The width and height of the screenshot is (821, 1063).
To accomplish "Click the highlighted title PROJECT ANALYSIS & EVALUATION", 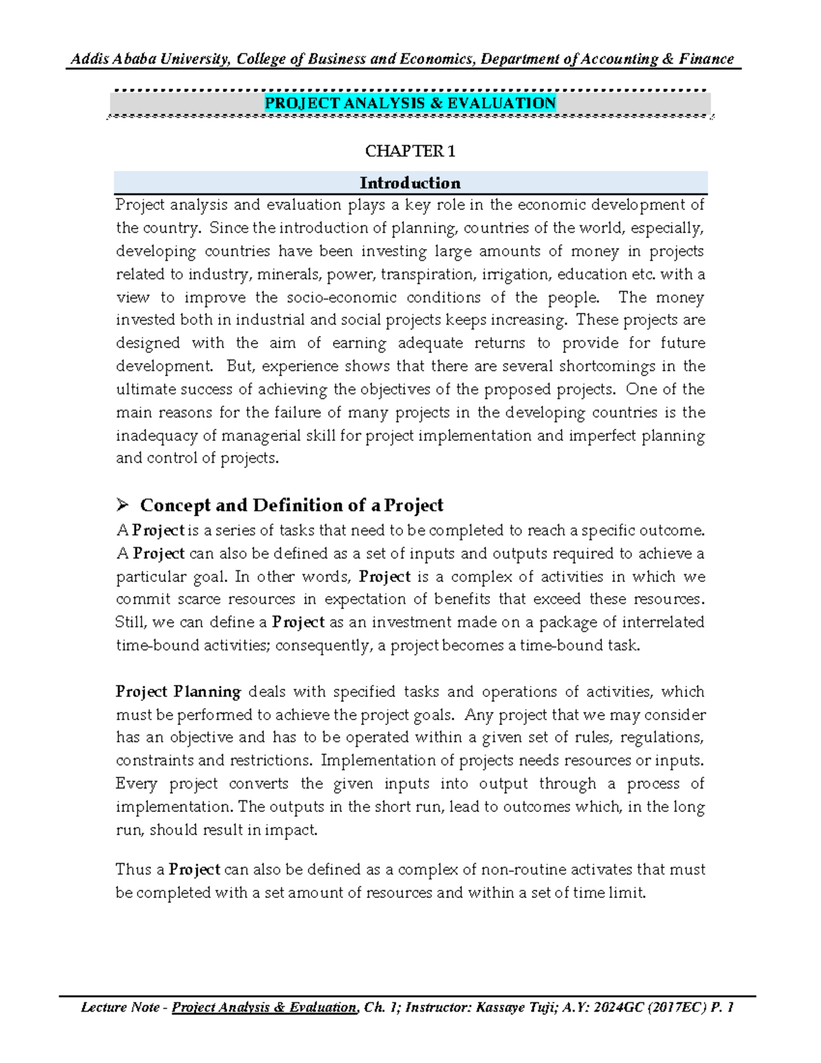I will (410, 103).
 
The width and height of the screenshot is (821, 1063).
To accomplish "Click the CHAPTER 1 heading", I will (410, 151).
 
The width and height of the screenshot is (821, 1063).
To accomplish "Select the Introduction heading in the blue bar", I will (410, 183).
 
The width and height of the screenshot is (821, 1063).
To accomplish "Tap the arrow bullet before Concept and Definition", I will (122, 505).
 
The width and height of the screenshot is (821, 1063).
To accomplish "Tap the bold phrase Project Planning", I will (178, 691).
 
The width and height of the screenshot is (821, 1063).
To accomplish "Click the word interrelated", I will (657, 622).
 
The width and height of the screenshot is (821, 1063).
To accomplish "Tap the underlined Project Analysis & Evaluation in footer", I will (264, 1007).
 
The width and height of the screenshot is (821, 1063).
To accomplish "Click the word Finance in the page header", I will (706, 59).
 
